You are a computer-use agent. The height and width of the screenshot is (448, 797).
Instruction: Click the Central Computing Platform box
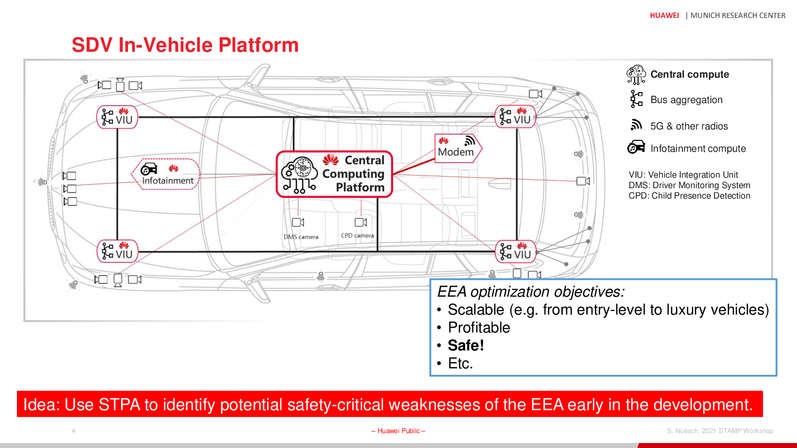[334, 174]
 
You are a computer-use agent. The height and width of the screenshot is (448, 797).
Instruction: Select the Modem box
[458, 148]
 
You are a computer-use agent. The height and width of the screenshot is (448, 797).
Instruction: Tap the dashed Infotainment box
[166, 174]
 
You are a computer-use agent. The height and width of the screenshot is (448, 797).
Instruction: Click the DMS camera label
[301, 237]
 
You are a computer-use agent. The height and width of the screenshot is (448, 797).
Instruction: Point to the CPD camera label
[357, 235]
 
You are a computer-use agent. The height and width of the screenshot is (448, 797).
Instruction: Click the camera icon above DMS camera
[298, 222]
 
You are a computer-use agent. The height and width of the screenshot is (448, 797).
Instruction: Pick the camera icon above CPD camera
[361, 222]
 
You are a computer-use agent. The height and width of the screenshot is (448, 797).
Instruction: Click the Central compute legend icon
[636, 75]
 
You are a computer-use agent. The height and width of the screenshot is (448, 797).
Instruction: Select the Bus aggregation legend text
[686, 100]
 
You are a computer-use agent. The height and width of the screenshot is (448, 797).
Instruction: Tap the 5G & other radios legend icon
[636, 125]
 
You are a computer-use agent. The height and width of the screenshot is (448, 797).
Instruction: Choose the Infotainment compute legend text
[698, 149]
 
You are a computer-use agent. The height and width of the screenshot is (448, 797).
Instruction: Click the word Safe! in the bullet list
[466, 345]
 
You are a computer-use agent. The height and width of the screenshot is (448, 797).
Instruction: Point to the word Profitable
[479, 328]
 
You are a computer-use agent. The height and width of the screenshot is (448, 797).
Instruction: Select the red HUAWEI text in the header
[664, 15]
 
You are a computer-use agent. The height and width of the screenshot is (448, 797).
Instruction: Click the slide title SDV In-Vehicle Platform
[185, 45]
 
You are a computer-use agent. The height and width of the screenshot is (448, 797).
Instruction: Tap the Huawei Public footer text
[398, 431]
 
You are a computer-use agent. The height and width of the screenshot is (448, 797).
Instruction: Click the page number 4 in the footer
[73, 431]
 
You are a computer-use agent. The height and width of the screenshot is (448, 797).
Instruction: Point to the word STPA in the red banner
[120, 405]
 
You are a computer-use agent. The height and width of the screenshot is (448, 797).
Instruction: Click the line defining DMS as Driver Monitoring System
[689, 185]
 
